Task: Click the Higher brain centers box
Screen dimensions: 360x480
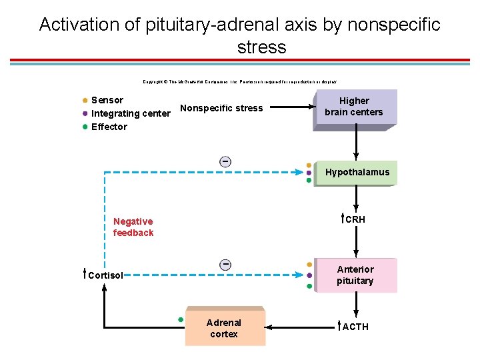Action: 354,107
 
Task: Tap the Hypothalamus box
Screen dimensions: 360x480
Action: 357,172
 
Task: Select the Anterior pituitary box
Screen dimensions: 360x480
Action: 355,275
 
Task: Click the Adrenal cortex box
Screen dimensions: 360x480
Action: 224,328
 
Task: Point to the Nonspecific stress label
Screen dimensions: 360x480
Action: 221,108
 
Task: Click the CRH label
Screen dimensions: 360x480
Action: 355,219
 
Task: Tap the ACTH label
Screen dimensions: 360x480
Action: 355,327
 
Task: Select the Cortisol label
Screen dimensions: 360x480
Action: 105,275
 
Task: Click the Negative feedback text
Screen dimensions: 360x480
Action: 133,227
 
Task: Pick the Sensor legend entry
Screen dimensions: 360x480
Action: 107,100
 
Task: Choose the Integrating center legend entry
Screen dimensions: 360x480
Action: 131,113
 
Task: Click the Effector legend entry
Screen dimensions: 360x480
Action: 109,127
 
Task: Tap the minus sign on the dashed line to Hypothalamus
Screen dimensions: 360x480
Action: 226,162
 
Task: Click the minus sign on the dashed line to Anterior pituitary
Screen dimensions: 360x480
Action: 226,265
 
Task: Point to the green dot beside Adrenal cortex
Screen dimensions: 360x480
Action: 180,319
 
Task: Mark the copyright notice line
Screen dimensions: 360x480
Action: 239,81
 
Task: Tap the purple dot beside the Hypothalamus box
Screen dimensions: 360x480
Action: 309,173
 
